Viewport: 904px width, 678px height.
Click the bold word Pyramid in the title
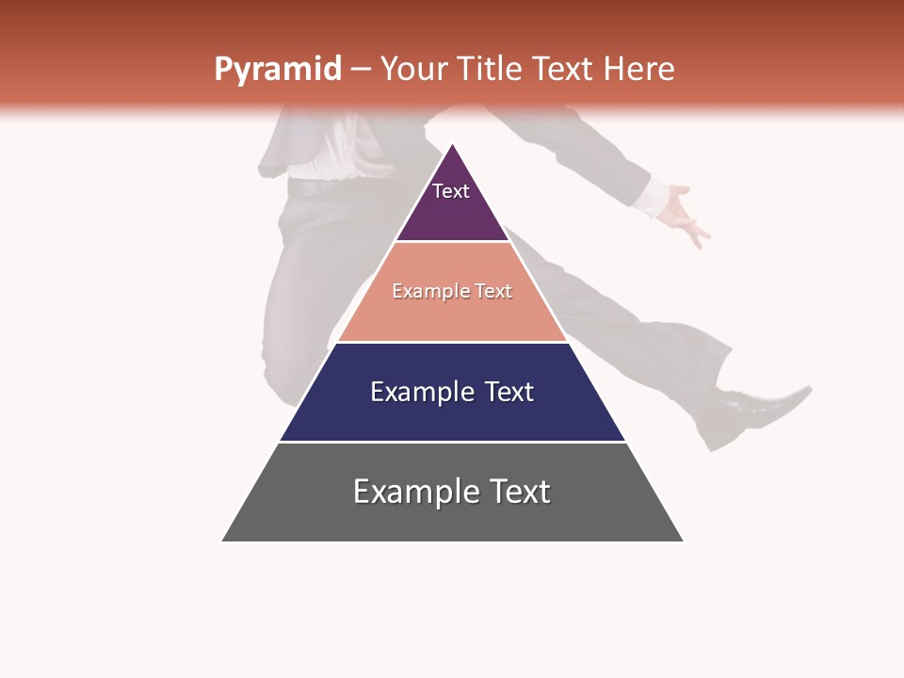(278, 70)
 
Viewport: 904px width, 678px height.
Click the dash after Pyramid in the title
(361, 70)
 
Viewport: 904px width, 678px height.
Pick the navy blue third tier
(452, 414)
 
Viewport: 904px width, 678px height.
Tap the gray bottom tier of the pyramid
(452, 518)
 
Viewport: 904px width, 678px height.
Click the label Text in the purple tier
(451, 191)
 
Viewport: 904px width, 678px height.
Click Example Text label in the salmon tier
(452, 291)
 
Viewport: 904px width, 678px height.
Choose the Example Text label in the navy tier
(452, 392)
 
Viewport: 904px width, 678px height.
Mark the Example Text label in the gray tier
(452, 492)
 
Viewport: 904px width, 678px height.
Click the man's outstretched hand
(683, 215)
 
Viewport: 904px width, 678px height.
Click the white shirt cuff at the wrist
(650, 197)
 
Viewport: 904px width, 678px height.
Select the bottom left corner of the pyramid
(222, 541)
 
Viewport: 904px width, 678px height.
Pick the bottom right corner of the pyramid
(683, 541)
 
